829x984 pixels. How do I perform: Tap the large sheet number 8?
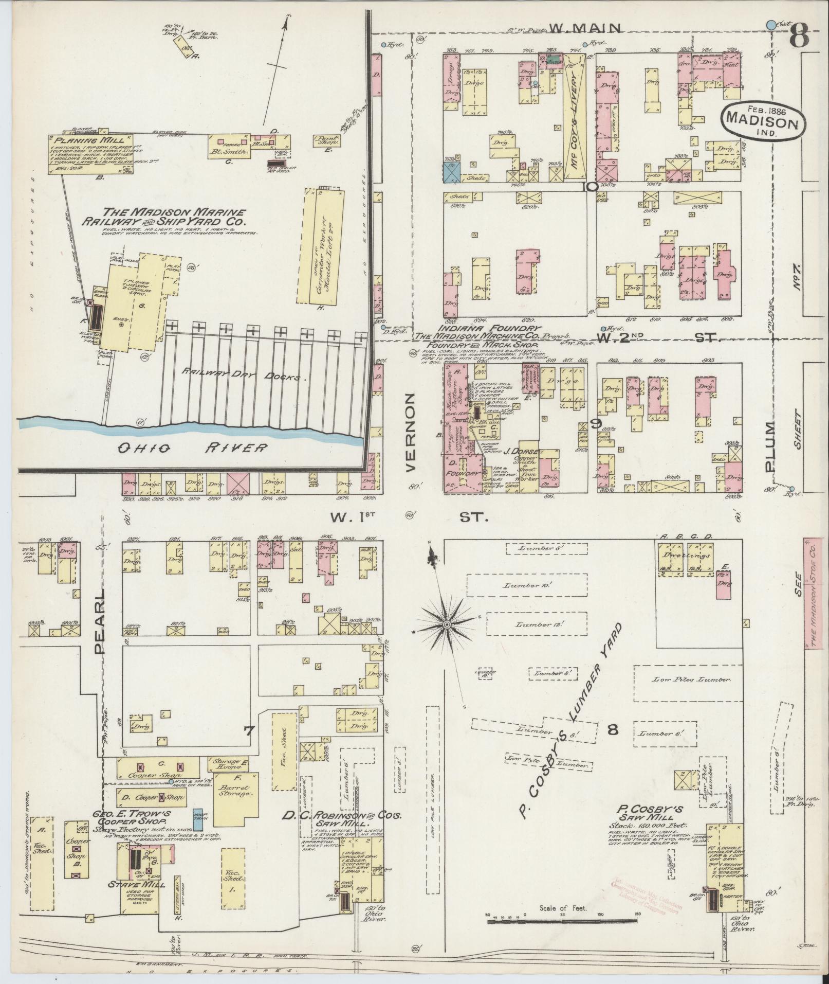800,36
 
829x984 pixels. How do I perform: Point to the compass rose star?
447,624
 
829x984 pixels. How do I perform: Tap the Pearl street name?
99,622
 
